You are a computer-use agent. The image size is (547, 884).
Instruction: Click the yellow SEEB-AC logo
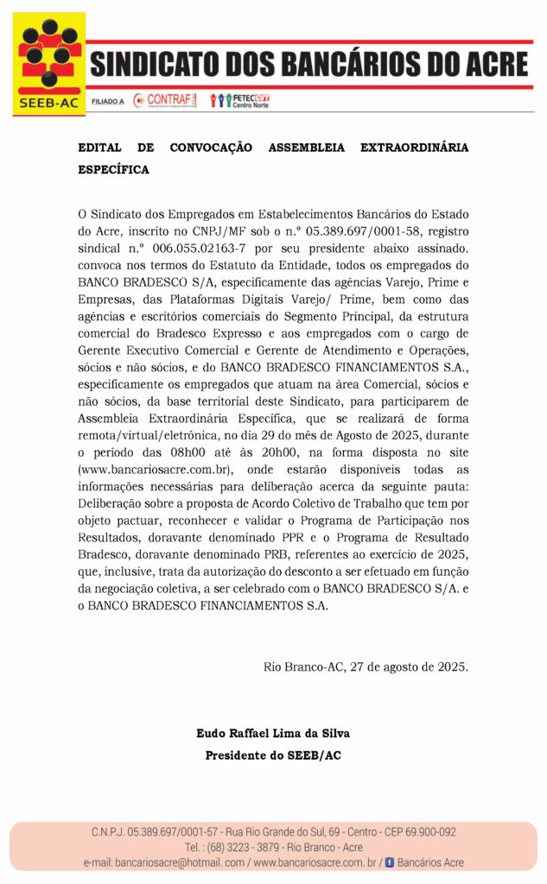coord(50,64)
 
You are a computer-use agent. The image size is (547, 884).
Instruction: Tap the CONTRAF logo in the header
coord(166,100)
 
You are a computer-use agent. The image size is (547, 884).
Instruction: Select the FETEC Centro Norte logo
coord(240,100)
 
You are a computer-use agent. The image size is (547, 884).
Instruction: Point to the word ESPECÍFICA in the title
coord(113,169)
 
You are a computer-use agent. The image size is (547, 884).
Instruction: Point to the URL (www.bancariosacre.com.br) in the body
coord(156,469)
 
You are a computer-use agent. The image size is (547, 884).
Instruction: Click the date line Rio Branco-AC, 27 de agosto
coord(366,666)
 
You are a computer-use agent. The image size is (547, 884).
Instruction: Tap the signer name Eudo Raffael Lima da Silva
coord(273,733)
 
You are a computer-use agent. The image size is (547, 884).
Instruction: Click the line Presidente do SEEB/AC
coord(273,755)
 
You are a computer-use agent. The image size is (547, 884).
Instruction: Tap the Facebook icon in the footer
coord(389,862)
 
